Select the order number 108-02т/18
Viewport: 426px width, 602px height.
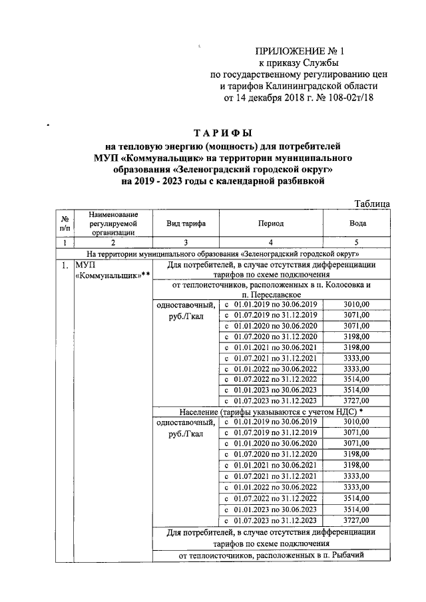coord(351,98)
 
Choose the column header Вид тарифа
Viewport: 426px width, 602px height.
coord(185,224)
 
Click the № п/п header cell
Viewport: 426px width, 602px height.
coord(65,224)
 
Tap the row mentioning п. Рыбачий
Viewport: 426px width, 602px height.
coord(272,555)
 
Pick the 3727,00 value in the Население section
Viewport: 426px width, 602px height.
coord(357,520)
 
